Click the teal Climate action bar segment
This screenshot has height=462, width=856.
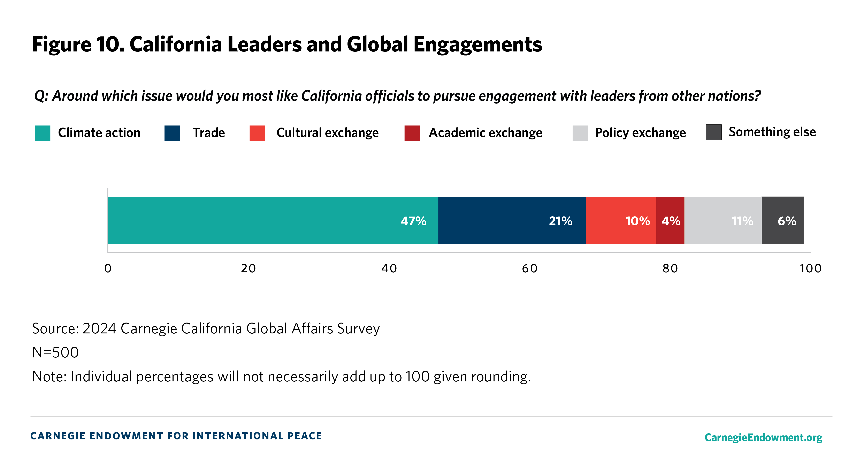point(273,220)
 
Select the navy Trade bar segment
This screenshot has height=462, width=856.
point(512,220)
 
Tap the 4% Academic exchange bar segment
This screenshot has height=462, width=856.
point(670,220)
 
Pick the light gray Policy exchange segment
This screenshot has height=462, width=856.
point(723,220)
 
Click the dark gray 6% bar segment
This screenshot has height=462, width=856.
point(782,220)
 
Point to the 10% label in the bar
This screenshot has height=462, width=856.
point(637,221)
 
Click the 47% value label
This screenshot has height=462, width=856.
point(413,221)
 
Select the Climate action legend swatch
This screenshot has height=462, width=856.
point(43,133)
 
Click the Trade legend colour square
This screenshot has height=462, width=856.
point(172,133)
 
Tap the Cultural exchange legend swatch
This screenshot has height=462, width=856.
point(257,133)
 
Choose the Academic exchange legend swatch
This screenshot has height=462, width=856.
point(412,133)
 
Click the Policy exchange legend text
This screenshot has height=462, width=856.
point(640,133)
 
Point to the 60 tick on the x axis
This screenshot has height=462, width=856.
point(529,268)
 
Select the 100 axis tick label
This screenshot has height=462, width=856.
point(810,268)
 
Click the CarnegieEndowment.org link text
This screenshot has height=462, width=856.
point(763,437)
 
